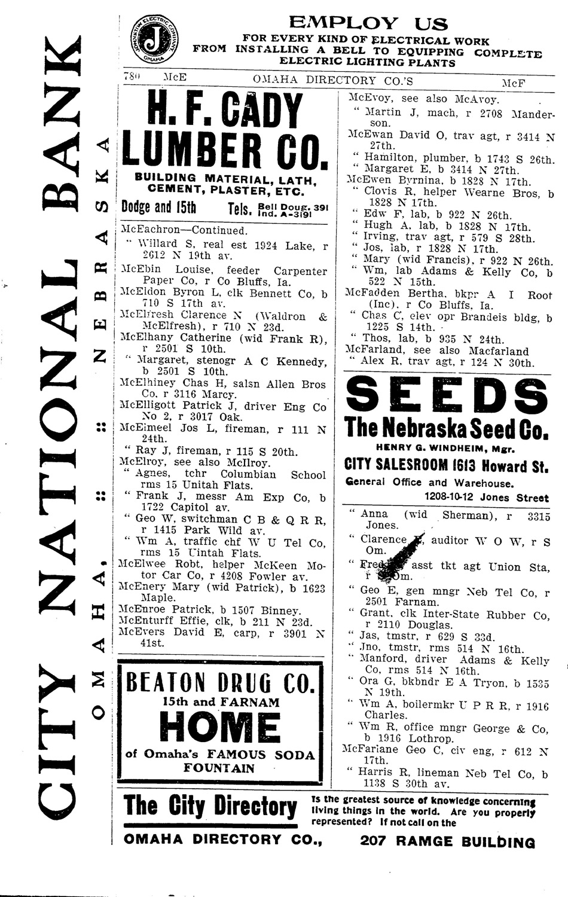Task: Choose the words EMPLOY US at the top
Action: [x=368, y=24]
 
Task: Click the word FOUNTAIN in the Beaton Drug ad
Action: [x=220, y=768]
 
